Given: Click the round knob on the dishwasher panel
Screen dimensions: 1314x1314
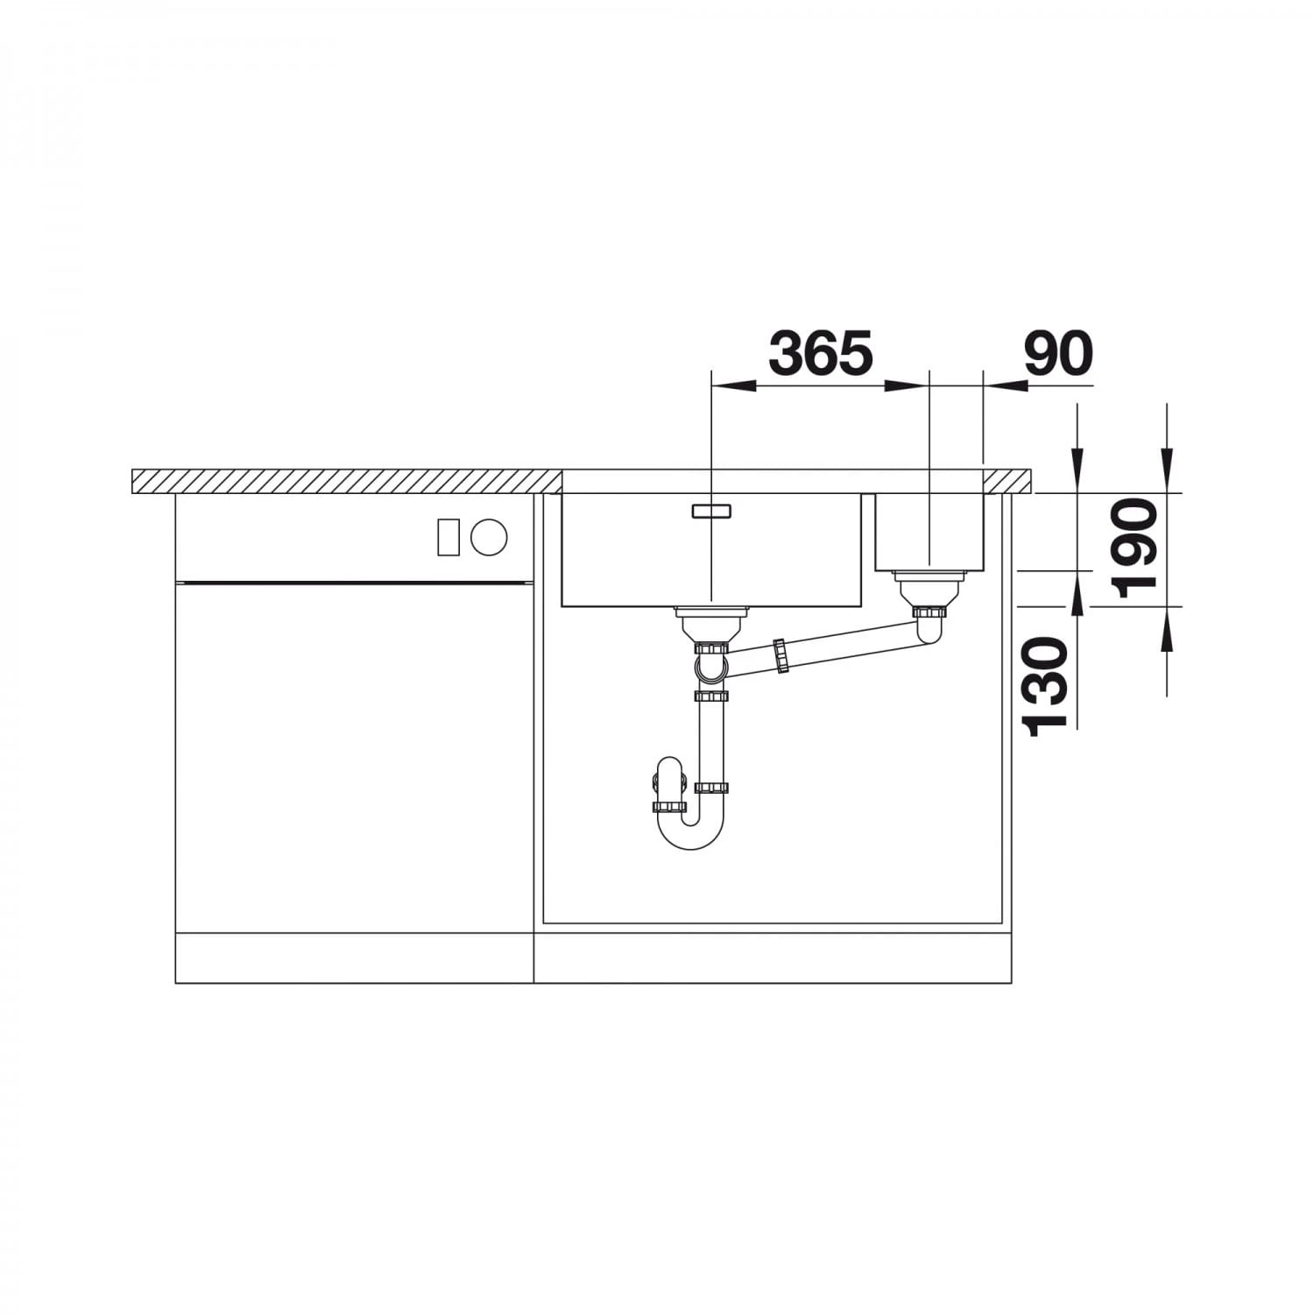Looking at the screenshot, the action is tap(488, 536).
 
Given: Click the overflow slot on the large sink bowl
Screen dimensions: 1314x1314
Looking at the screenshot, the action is tap(710, 511).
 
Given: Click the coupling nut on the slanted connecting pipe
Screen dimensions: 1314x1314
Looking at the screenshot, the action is tap(780, 657).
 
